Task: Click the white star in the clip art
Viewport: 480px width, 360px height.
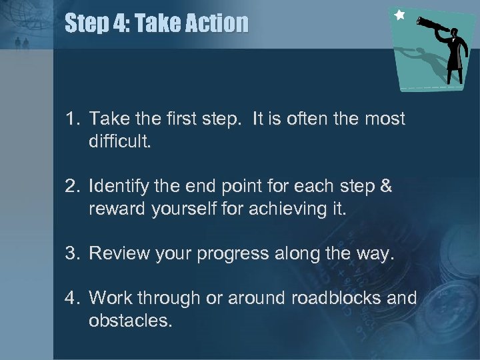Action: tap(399, 14)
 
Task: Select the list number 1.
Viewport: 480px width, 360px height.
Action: tap(71, 119)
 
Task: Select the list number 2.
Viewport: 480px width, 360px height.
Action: tap(71, 185)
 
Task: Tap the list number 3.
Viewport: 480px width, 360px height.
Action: tap(71, 253)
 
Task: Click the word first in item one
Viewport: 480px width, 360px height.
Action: tap(163, 119)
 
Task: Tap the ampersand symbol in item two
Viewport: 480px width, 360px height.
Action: tap(385, 185)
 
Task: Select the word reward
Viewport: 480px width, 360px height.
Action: tap(113, 210)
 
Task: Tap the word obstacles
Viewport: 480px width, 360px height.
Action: tap(129, 321)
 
